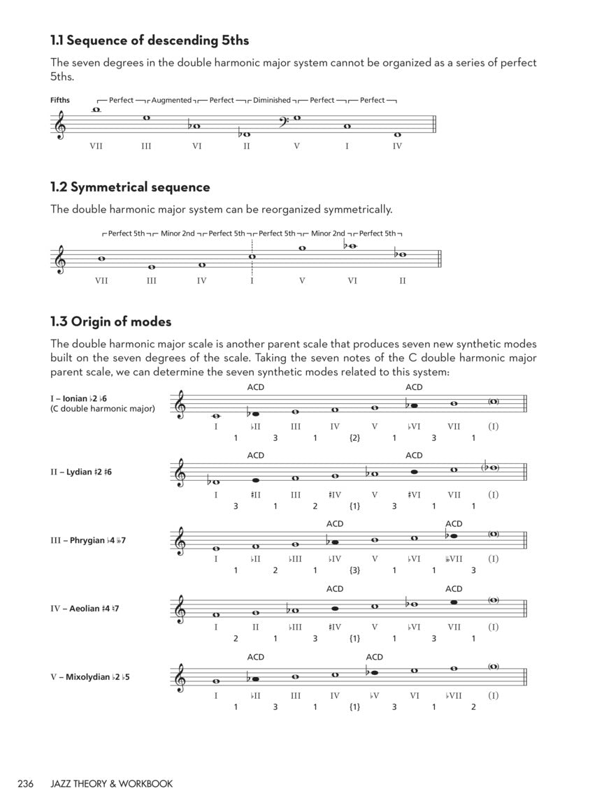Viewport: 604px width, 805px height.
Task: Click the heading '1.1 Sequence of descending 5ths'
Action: (x=150, y=40)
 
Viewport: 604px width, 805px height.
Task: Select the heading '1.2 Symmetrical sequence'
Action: (x=130, y=187)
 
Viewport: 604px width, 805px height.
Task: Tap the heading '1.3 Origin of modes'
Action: (x=110, y=321)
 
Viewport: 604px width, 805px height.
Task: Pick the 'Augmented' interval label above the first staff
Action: (x=171, y=100)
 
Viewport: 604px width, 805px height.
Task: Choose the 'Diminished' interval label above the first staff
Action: (x=272, y=100)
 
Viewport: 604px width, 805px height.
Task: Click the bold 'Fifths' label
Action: (x=60, y=100)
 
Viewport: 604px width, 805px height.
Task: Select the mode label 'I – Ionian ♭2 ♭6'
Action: (x=78, y=398)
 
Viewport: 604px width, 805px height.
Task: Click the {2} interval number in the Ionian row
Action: (x=354, y=438)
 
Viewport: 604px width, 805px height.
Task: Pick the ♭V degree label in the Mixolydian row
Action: (x=375, y=695)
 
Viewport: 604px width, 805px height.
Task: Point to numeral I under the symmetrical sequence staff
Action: (x=252, y=281)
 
